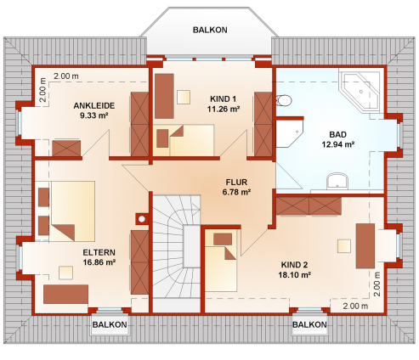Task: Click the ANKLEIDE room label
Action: (x=94, y=105)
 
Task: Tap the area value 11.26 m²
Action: (x=224, y=109)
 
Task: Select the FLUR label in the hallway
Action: (x=236, y=182)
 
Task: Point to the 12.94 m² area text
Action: (x=338, y=144)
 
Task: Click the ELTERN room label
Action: (x=99, y=252)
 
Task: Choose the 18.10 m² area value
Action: (x=295, y=275)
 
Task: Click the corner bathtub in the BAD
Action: (x=360, y=91)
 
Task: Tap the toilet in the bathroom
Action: (x=284, y=100)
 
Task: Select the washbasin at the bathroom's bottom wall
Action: (x=337, y=181)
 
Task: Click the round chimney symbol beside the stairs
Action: (x=142, y=219)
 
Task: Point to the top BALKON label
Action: (x=210, y=30)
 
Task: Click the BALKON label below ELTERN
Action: (x=110, y=324)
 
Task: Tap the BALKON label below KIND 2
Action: (x=309, y=324)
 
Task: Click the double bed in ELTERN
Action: (x=73, y=211)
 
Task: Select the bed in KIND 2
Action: (x=221, y=261)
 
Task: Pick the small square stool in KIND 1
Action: (x=184, y=98)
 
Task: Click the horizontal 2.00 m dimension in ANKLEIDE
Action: (x=66, y=76)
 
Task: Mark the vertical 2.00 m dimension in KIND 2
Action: (x=377, y=284)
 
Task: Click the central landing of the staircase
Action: (x=192, y=246)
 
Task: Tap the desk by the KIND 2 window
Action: (x=365, y=246)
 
